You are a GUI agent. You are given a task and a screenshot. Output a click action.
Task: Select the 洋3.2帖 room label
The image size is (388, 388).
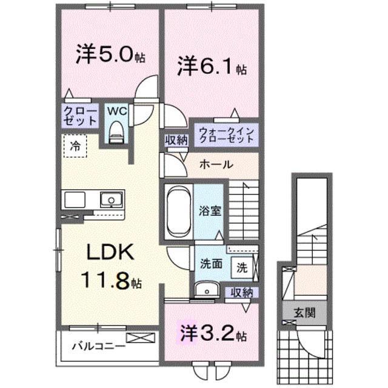212,333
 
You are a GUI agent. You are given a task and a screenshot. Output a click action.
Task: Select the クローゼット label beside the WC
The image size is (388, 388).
79,115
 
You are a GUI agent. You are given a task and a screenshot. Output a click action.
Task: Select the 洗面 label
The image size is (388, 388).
210,265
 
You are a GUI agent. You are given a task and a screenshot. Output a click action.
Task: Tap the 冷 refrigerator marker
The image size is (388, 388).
75,145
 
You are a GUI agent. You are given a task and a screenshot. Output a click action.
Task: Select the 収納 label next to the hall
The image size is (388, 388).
176,139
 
